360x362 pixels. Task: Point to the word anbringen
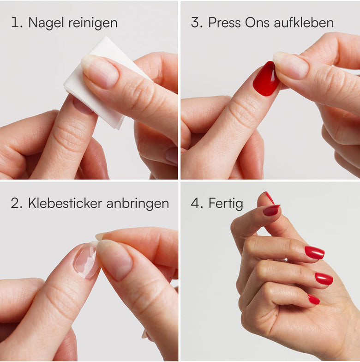coord(138,204)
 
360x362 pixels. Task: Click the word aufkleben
coord(304,23)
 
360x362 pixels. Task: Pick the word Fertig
coord(226,204)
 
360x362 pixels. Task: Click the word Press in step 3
coord(224,23)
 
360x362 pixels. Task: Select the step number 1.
coord(17,23)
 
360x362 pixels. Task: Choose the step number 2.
coord(17,203)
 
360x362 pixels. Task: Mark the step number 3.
coord(197,23)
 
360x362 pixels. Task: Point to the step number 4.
coord(197,203)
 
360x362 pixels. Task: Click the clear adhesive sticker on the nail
coord(85,260)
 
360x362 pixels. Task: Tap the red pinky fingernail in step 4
coord(314,299)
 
